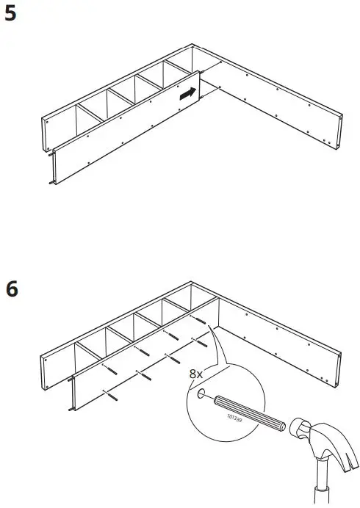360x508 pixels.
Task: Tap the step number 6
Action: pyautogui.click(x=12, y=289)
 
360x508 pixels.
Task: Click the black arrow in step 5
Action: pyautogui.click(x=188, y=94)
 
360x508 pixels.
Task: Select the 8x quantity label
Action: pyautogui.click(x=195, y=374)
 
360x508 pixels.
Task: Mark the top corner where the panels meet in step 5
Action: pyautogui.click(x=193, y=43)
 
